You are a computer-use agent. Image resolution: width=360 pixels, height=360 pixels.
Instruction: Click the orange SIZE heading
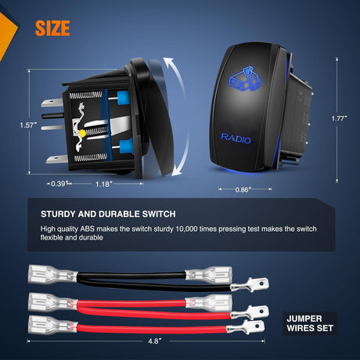(x=52, y=28)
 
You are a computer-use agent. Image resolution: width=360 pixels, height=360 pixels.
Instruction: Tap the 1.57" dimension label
(x=27, y=125)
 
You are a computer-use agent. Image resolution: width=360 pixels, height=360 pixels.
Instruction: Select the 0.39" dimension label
(x=59, y=184)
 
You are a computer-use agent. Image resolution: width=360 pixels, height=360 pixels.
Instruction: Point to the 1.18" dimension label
(x=103, y=184)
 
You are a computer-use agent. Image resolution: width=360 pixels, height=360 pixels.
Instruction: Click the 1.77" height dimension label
(x=339, y=118)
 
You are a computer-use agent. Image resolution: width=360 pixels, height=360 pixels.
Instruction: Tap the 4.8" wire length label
(x=155, y=341)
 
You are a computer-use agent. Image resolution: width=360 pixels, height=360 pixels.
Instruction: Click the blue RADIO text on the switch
(x=236, y=139)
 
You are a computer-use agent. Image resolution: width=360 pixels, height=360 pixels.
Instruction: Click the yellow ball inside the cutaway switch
(x=82, y=133)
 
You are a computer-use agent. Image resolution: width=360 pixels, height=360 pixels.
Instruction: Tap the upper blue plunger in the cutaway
(x=123, y=98)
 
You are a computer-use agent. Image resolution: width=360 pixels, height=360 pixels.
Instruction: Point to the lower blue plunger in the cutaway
(x=126, y=146)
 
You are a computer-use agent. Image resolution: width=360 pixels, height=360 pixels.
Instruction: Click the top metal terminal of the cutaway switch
(x=52, y=103)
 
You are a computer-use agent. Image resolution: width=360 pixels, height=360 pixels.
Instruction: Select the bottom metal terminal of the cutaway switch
(x=56, y=159)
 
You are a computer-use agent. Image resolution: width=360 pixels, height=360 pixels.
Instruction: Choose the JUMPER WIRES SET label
(x=310, y=323)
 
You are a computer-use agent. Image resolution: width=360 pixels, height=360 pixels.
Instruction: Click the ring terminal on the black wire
(x=250, y=285)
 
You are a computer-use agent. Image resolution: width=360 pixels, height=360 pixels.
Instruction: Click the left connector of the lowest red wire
(x=52, y=325)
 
